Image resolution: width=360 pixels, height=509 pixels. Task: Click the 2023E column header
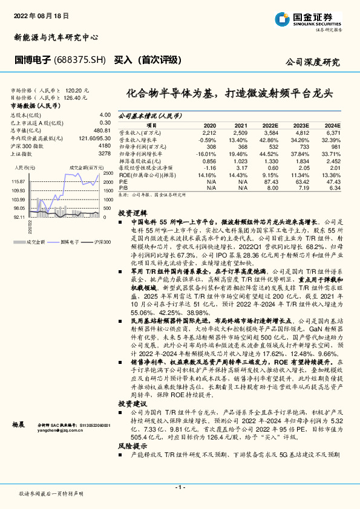[301, 125]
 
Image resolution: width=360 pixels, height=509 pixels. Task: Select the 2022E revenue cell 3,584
[270, 132]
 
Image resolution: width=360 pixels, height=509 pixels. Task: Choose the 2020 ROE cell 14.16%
[207, 175]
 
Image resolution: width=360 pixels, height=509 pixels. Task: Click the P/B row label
[123, 188]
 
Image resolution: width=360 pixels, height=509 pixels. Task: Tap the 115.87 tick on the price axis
[18, 181]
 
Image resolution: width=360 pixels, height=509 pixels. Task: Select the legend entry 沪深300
[102, 242]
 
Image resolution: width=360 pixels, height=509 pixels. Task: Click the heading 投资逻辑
[133, 214]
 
